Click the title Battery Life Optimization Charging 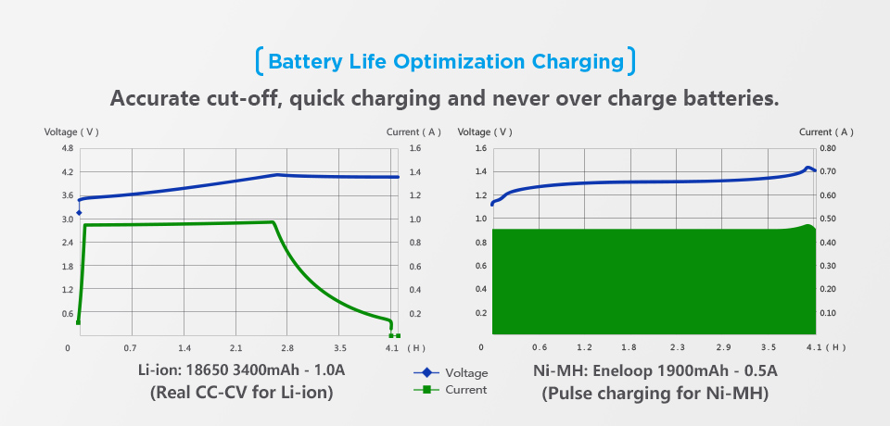[x=445, y=62]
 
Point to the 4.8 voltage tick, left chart [x=67, y=148]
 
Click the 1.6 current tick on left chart [x=415, y=148]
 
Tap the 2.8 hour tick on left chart [x=286, y=348]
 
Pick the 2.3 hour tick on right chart [x=677, y=348]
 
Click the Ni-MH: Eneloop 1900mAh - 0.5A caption [x=655, y=371]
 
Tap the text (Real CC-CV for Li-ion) [x=241, y=393]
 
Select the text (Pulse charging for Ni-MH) [x=655, y=393]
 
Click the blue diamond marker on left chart [x=79, y=213]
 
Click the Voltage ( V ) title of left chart [x=71, y=132]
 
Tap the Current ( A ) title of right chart [x=826, y=132]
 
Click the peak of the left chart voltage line [x=277, y=174]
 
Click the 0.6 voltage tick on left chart [x=67, y=313]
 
